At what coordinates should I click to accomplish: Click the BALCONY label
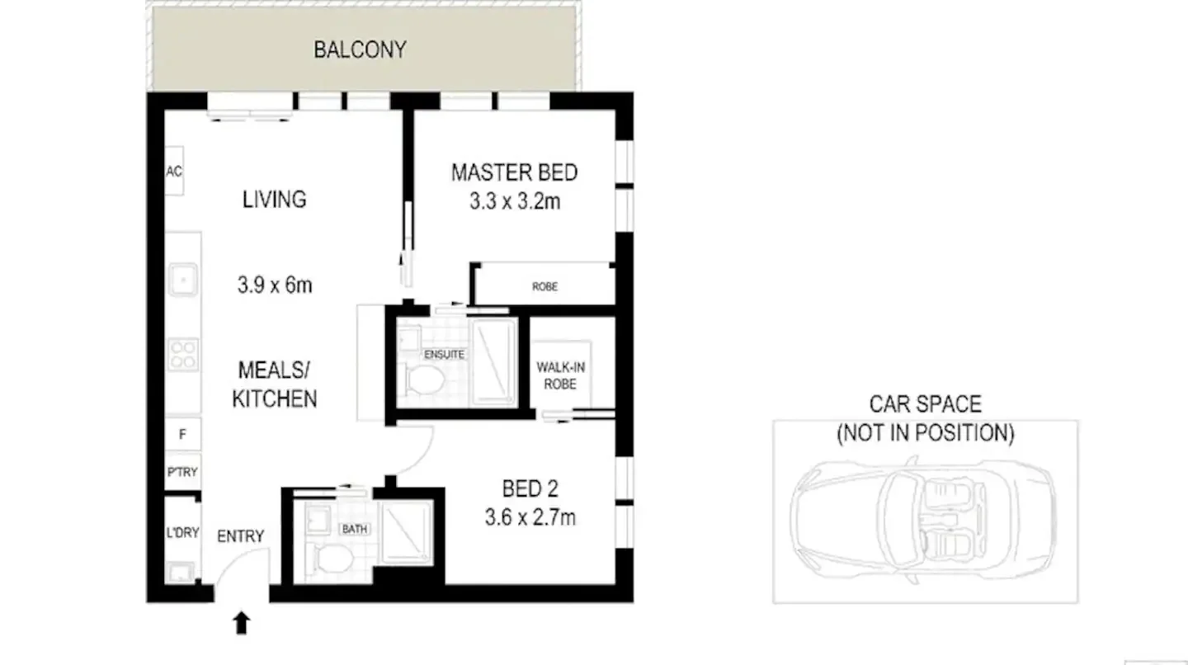point(360,50)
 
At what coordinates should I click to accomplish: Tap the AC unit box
point(174,172)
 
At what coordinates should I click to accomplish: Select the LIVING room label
point(275,199)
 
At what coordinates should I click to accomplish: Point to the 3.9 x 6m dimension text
point(275,285)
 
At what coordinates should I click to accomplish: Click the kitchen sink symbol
point(181,280)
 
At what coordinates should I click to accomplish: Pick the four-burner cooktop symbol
point(182,355)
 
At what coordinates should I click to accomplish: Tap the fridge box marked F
point(181,432)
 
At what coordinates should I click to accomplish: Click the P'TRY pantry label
point(181,472)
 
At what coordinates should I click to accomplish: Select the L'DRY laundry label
point(182,532)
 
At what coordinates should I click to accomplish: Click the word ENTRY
point(241,536)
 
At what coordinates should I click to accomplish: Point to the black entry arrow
point(241,623)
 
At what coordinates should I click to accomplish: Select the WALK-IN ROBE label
point(561,375)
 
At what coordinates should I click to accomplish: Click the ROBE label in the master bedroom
point(544,286)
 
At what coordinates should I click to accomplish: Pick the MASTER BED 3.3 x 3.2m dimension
point(515,200)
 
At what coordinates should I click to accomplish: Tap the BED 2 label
point(530,489)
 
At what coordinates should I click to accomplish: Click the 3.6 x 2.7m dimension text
point(530,518)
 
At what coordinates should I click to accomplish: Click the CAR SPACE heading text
point(925,404)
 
